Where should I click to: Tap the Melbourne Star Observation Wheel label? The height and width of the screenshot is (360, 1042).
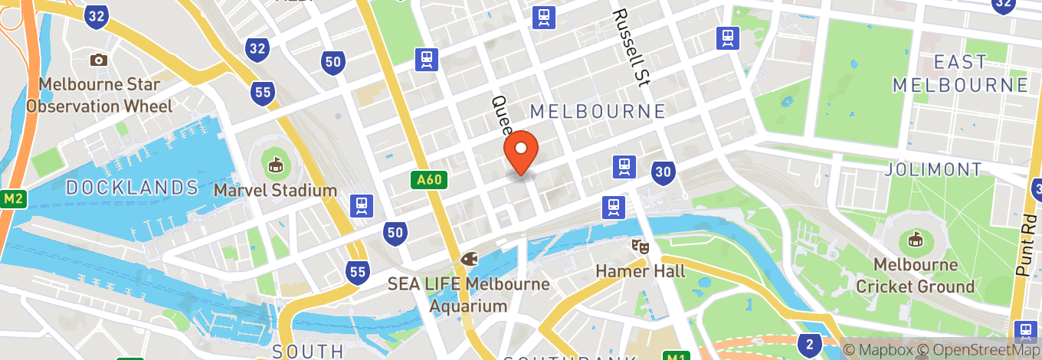tap(100, 96)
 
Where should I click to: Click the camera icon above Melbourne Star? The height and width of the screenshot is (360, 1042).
tap(98, 60)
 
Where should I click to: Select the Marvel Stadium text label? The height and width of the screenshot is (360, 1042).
tap(275, 190)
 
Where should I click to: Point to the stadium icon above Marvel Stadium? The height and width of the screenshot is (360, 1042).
tap(275, 164)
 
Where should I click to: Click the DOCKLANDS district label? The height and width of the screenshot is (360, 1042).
tap(132, 187)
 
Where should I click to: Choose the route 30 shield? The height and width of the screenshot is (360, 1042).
tap(664, 173)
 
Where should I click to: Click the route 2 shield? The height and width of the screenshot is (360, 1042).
tap(808, 343)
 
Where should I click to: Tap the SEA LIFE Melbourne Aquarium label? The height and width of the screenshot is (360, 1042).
tap(468, 295)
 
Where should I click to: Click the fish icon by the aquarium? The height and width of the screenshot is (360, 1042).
tap(468, 259)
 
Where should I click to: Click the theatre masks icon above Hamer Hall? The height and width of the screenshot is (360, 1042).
tap(638, 247)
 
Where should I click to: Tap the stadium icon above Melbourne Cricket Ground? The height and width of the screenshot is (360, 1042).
tap(915, 241)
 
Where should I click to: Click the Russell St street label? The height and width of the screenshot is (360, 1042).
tap(631, 46)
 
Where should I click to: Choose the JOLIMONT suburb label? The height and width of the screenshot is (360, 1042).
tap(932, 169)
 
